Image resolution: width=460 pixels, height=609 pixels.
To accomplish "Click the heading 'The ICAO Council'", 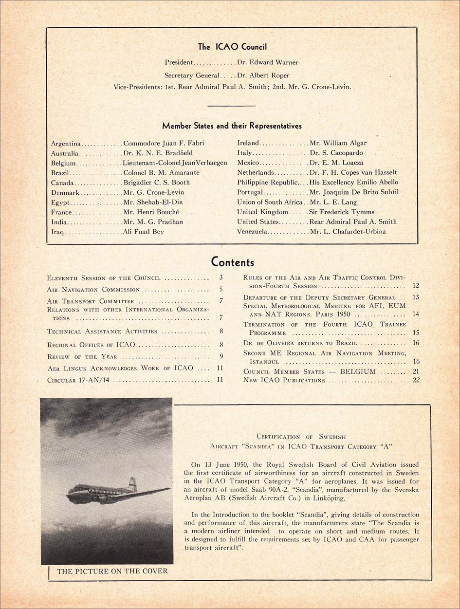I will click(232, 47).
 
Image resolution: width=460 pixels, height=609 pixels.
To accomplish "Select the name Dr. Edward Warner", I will click(267, 62).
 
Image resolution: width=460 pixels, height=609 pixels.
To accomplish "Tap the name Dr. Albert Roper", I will click(263, 75).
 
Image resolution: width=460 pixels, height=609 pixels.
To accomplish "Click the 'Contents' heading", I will click(232, 262).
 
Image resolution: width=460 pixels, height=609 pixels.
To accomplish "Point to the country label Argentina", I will click(66, 144).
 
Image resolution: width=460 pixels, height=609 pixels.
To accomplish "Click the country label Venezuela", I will click(252, 232).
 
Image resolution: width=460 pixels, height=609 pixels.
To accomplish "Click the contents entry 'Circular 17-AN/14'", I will click(78, 380).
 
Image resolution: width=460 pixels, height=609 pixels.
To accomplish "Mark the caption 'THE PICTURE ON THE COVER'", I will click(112, 572).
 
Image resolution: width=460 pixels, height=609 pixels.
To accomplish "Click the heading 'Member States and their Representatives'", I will click(232, 126).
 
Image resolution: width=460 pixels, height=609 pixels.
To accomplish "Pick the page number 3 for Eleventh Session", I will click(221, 278).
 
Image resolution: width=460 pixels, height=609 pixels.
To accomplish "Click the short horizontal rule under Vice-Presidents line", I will click(232, 105).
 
